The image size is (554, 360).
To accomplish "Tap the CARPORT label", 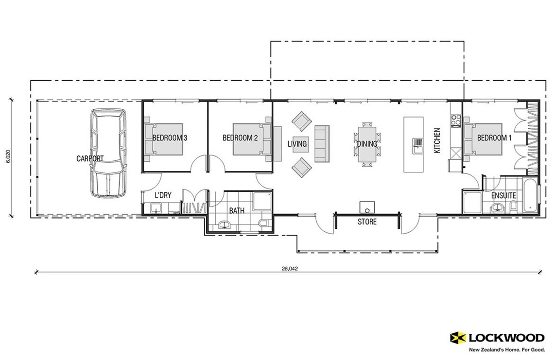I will [x=90, y=158].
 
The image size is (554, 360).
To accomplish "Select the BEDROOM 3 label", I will [x=170, y=138].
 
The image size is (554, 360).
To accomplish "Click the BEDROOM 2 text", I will [x=240, y=138].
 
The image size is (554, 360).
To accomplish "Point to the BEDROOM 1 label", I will [x=495, y=138].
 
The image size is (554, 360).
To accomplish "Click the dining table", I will [x=367, y=144].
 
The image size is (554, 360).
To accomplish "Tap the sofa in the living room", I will [x=322, y=144].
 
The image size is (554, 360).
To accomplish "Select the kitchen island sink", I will [x=417, y=142].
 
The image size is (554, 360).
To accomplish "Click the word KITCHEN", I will [x=437, y=141].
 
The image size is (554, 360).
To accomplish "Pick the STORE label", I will [x=367, y=222].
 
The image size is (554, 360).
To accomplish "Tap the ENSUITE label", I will [x=503, y=196].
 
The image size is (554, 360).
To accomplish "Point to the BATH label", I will [x=237, y=211].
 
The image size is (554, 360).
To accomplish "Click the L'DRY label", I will [x=163, y=195].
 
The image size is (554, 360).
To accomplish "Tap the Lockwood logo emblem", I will [x=458, y=337].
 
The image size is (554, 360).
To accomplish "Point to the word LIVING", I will [x=297, y=144].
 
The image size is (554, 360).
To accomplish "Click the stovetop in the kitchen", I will [x=455, y=120].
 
